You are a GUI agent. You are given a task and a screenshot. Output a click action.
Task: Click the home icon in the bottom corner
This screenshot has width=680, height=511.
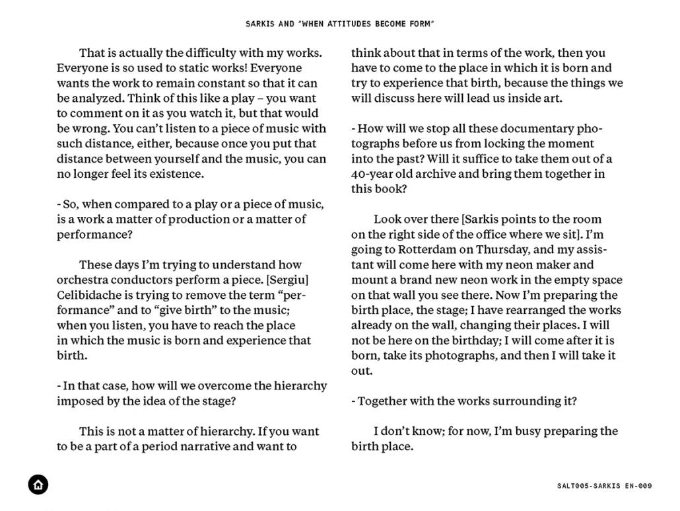pyautogui.click(x=38, y=485)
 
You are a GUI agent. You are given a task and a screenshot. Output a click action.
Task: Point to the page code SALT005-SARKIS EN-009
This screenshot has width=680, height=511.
pyautogui.click(x=604, y=486)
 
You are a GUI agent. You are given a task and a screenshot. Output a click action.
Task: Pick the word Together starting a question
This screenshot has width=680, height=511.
pyautogui.click(x=383, y=401)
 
